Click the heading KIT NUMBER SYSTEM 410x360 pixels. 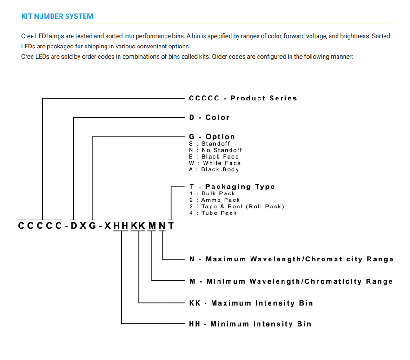click(x=57, y=16)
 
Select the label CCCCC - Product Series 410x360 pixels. click(x=243, y=98)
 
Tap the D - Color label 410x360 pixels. click(x=209, y=117)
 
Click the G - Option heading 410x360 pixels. click(x=212, y=137)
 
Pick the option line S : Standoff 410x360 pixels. click(x=210, y=144)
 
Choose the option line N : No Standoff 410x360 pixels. click(x=216, y=150)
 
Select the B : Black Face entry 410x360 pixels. click(x=214, y=157)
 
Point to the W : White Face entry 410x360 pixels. click(x=215, y=163)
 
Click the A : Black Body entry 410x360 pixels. click(x=214, y=169)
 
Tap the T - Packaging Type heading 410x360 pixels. click(x=232, y=187)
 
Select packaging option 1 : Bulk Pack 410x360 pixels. click(x=212, y=193)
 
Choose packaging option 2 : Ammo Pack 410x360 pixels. click(x=215, y=200)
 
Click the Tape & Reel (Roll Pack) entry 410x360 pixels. click(x=237, y=207)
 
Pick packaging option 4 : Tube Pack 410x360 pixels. click(x=213, y=213)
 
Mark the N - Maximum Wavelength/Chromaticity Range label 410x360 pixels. click(x=291, y=259)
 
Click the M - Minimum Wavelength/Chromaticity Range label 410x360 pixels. click(x=291, y=281)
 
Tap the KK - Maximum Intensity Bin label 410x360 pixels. click(x=251, y=303)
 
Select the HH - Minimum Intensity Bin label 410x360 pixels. click(x=250, y=324)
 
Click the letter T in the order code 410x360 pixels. click(x=171, y=226)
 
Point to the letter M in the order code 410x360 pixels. click(x=152, y=226)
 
